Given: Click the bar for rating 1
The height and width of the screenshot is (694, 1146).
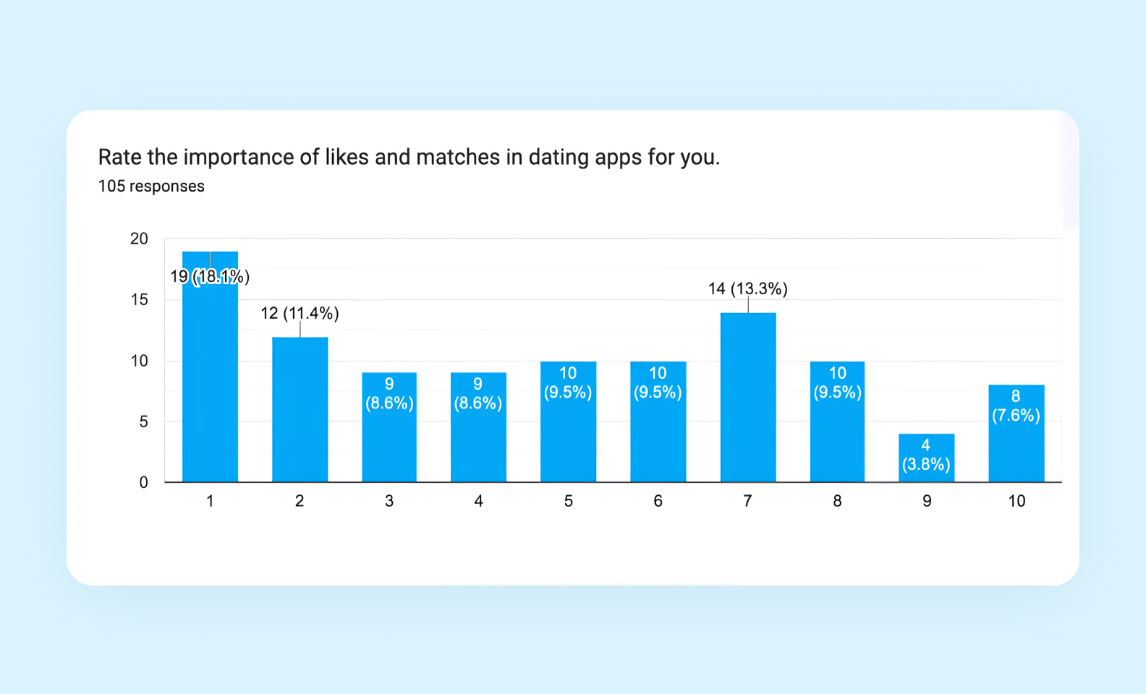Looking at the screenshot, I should click(210, 376).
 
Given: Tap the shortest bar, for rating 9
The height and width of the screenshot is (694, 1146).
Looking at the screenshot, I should click(926, 458).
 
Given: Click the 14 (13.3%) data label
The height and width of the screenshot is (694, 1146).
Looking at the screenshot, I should click(747, 289).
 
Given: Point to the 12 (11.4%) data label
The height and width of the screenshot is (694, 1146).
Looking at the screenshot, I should click(300, 313).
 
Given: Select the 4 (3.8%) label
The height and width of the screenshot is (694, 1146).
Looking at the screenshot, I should click(926, 455).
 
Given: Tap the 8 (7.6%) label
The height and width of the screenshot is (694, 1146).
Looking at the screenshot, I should click(1016, 406).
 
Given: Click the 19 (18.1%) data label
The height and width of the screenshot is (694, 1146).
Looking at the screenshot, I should click(210, 276).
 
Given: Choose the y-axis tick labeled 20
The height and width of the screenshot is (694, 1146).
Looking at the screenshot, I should click(139, 239).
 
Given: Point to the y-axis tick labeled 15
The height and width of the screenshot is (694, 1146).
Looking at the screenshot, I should click(139, 299).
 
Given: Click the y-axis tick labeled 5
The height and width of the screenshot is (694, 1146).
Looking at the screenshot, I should click(143, 421).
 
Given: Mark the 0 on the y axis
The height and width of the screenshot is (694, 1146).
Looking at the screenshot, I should click(143, 482).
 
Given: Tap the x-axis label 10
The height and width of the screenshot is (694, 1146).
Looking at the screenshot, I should click(1016, 501).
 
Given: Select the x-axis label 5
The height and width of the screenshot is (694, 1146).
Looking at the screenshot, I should click(568, 501).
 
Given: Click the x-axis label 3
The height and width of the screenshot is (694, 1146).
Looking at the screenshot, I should click(389, 501).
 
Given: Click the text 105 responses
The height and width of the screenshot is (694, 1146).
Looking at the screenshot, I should click(151, 187).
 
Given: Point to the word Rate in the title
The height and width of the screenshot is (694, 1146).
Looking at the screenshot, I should click(119, 157).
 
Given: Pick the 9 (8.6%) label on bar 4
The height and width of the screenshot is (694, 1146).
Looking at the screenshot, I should click(477, 394).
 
